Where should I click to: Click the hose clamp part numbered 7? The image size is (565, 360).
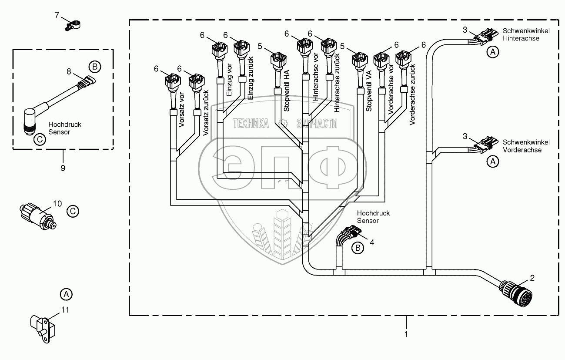(73, 26)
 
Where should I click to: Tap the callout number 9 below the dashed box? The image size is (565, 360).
(63, 168)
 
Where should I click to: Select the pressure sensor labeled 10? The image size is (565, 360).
(38, 216)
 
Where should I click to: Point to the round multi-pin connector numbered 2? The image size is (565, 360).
(516, 293)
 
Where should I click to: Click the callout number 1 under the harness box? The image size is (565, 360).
(406, 334)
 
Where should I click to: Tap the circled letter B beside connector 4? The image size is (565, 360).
(358, 248)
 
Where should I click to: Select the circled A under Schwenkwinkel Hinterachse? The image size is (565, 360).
(493, 52)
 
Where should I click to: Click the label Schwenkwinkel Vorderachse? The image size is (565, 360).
(526, 146)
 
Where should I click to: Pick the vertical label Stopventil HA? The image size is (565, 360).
(287, 91)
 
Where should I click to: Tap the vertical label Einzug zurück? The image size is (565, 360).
(251, 78)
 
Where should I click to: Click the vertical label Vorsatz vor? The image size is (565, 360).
(182, 110)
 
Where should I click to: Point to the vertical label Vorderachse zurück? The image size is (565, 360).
(412, 94)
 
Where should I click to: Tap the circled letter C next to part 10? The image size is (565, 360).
(73, 211)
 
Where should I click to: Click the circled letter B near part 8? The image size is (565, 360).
(94, 67)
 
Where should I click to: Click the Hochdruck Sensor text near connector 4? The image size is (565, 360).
(373, 217)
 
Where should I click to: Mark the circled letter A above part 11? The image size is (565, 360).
(66, 294)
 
